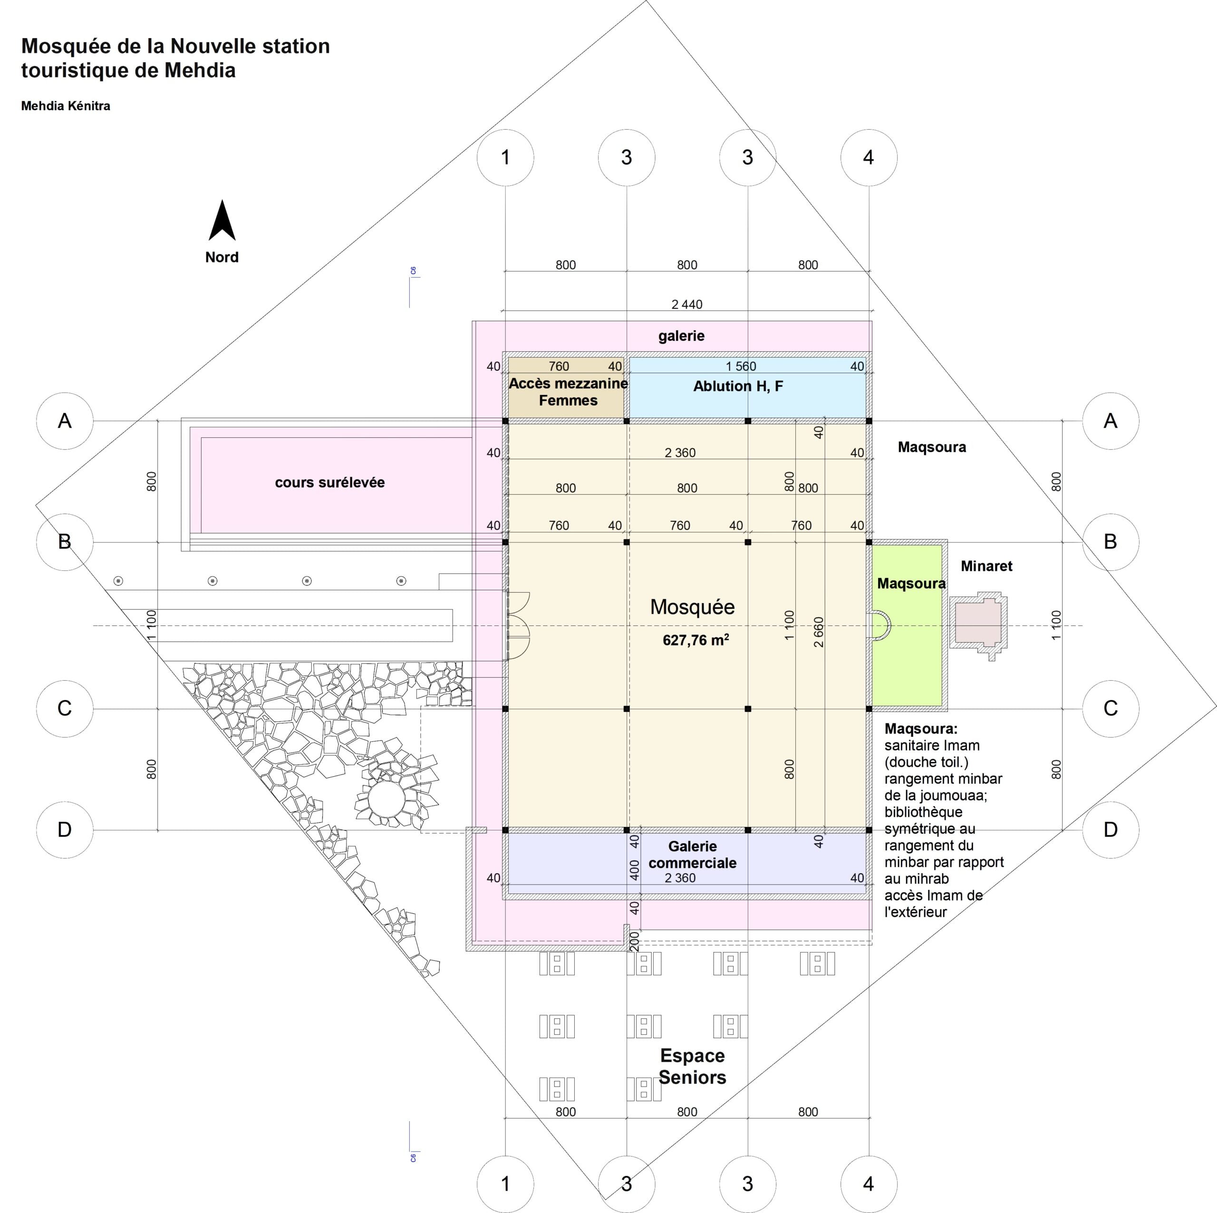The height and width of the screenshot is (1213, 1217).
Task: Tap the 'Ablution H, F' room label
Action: (x=738, y=386)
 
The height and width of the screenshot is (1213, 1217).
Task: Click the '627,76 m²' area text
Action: (x=695, y=640)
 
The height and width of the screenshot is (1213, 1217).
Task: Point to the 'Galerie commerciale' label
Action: (x=692, y=854)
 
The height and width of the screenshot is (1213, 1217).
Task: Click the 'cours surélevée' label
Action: (x=329, y=482)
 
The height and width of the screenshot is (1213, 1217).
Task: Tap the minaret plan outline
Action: (x=978, y=624)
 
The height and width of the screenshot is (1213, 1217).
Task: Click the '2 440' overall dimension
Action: (x=686, y=304)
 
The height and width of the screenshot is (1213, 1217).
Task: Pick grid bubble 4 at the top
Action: (x=869, y=157)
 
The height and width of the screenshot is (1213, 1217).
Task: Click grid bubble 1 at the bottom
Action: (x=505, y=1184)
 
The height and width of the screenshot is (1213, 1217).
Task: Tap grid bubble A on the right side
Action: (x=1111, y=421)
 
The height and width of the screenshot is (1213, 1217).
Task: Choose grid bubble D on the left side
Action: (x=65, y=829)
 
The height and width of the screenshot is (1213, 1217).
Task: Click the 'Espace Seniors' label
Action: (x=692, y=1066)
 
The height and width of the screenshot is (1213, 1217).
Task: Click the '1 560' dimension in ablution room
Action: (x=741, y=366)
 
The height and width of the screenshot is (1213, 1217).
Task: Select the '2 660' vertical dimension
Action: (x=818, y=632)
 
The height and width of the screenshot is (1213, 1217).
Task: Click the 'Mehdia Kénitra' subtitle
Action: (x=66, y=106)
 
